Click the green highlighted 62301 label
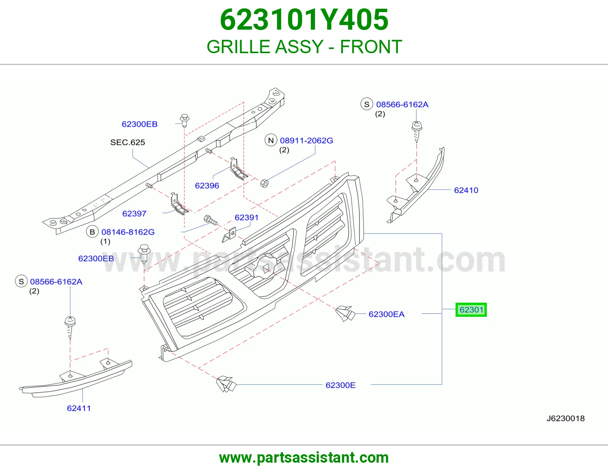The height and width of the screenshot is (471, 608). click(x=471, y=310)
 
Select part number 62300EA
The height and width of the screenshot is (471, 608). click(x=386, y=314)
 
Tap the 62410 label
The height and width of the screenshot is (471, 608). click(x=466, y=190)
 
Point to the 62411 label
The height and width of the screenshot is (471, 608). click(x=79, y=408)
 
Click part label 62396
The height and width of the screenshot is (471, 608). click(x=207, y=185)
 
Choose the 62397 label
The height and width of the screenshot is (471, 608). click(x=134, y=213)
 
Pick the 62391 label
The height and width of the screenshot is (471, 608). click(x=247, y=217)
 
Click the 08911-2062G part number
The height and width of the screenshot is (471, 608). click(x=306, y=141)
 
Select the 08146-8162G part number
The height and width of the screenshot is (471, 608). click(x=128, y=232)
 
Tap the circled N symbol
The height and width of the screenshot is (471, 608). click(x=271, y=141)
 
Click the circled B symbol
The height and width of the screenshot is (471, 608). click(x=92, y=232)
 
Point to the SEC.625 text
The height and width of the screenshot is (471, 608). click(x=128, y=142)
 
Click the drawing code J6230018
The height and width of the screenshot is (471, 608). click(x=565, y=419)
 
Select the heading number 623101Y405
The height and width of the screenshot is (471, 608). click(x=304, y=20)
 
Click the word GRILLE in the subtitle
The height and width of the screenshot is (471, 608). click(x=237, y=47)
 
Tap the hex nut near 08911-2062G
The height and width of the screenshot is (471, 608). click(x=264, y=183)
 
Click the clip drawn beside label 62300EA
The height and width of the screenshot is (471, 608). click(x=345, y=313)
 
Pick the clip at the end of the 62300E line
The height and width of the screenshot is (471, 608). click(x=226, y=384)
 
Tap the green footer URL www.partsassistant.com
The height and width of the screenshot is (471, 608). click(x=304, y=458)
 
